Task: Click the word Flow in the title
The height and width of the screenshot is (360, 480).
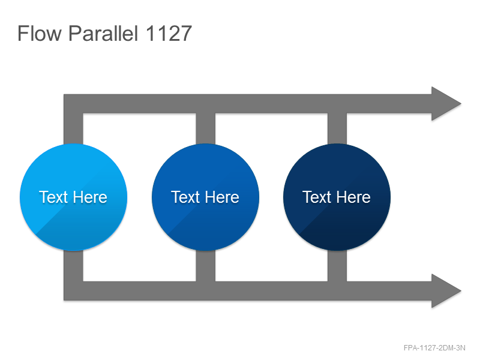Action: coord(40,33)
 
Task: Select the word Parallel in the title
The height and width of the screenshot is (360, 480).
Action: coord(103,33)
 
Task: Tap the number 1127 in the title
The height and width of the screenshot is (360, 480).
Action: coord(169,33)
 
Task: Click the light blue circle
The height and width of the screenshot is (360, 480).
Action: coord(73,197)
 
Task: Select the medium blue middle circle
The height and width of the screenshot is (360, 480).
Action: coord(205,197)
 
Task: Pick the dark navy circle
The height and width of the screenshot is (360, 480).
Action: coord(337,197)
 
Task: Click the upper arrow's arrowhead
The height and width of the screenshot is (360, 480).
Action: coord(446,104)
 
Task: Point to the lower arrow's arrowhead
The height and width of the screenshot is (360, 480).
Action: coord(446,291)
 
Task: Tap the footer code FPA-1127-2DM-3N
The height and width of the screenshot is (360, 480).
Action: coord(434,348)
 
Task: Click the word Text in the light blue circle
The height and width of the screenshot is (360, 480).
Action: coord(53,197)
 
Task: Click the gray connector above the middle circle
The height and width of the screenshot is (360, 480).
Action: coord(205,128)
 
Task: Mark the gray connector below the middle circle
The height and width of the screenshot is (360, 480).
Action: coord(205,266)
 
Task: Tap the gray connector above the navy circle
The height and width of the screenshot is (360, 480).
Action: coord(337,128)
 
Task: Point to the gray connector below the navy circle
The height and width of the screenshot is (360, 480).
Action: coord(337,266)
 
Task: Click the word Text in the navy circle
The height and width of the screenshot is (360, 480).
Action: coord(317,197)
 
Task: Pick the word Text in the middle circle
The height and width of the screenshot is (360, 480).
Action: coord(185,197)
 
